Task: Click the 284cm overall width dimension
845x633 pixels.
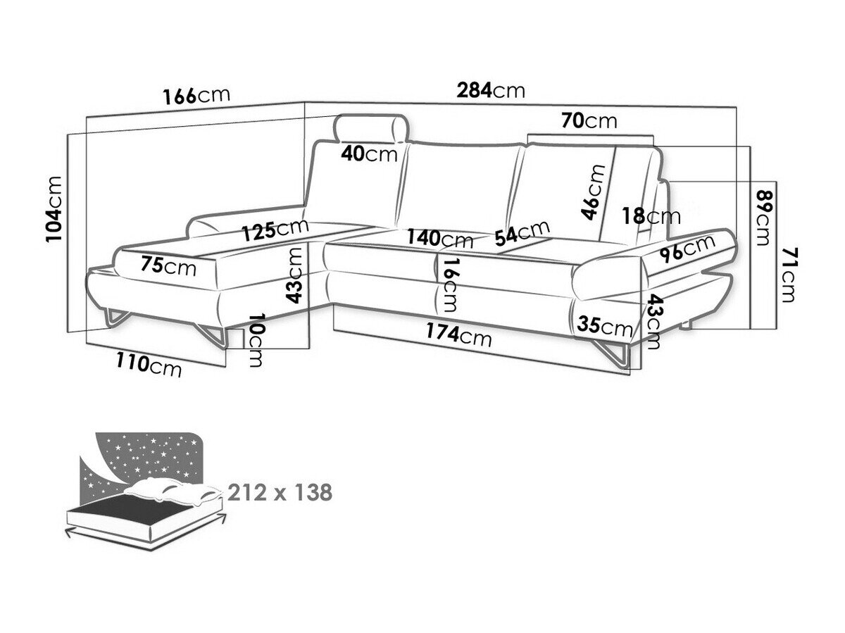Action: tap(490, 90)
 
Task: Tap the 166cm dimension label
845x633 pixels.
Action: tap(196, 96)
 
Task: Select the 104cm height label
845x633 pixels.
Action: tap(54, 209)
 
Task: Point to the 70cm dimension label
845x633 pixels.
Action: tap(589, 121)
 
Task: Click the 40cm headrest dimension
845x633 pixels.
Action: tap(369, 154)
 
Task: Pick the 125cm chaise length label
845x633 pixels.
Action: tap(275, 230)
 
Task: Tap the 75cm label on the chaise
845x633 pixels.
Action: tap(168, 265)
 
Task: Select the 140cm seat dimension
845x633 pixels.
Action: tap(440, 238)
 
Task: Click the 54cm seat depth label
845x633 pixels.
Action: tap(522, 233)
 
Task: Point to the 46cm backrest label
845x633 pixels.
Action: tap(593, 192)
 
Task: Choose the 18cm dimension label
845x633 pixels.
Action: tap(651, 216)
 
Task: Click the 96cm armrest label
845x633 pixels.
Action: tap(687, 249)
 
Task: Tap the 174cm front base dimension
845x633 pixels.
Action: tap(458, 334)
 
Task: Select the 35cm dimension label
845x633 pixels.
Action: tap(604, 325)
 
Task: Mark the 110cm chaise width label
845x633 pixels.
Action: tap(149, 365)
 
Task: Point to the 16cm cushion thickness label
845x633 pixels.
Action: tap(450, 285)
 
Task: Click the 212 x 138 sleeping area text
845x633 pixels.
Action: tap(280, 493)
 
